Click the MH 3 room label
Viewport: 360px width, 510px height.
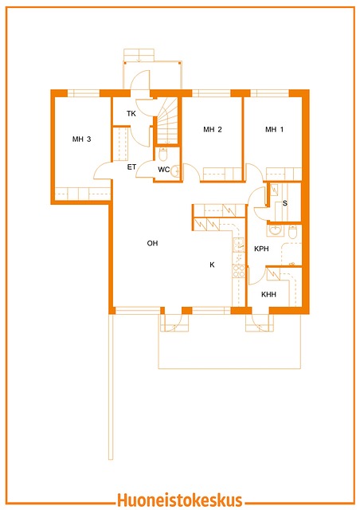click(81, 139)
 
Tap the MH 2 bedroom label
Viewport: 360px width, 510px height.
click(213, 129)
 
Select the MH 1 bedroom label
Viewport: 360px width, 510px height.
click(274, 129)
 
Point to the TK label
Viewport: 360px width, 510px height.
click(131, 113)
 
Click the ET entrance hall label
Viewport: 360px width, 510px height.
click(131, 167)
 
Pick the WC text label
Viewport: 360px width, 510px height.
click(164, 170)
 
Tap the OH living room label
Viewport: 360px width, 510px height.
click(152, 243)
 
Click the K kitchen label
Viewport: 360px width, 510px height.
click(212, 265)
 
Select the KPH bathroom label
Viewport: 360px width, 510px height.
click(261, 249)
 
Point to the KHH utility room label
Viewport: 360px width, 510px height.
click(268, 294)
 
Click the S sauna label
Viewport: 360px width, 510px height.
click(285, 203)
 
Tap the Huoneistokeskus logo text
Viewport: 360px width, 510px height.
click(180, 500)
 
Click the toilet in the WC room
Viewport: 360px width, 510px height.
click(163, 154)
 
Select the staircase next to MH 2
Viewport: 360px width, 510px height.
click(167, 120)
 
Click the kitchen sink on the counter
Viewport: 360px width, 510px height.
click(239, 245)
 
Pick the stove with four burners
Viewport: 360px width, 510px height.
click(239, 271)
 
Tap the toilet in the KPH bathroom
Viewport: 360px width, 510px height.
click(292, 232)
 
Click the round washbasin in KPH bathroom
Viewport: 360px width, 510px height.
click(275, 230)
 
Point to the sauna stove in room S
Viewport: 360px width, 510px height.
click(274, 190)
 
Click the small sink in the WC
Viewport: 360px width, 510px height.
click(175, 171)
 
